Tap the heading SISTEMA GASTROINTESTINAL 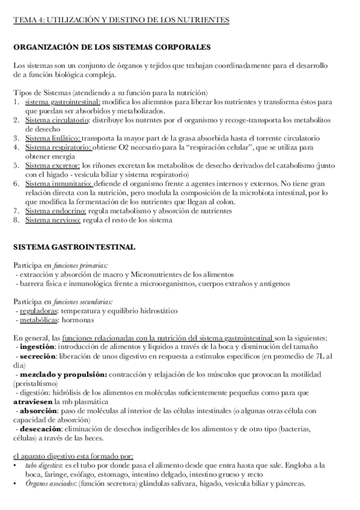pyautogui.click(x=75, y=247)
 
